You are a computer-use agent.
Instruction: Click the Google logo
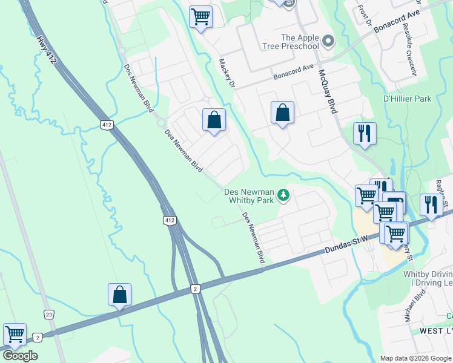[x=20, y=356]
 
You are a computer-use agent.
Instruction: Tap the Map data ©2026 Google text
[x=415, y=358]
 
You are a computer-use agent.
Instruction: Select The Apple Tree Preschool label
[x=291, y=42]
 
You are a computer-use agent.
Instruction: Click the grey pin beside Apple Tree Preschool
[x=328, y=42]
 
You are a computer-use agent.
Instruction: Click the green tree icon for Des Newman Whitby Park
[x=283, y=195]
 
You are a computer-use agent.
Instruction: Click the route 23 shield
[x=48, y=314]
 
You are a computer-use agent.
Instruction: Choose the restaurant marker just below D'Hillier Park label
[x=365, y=134]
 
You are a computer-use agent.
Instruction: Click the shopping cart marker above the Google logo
[x=14, y=334]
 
